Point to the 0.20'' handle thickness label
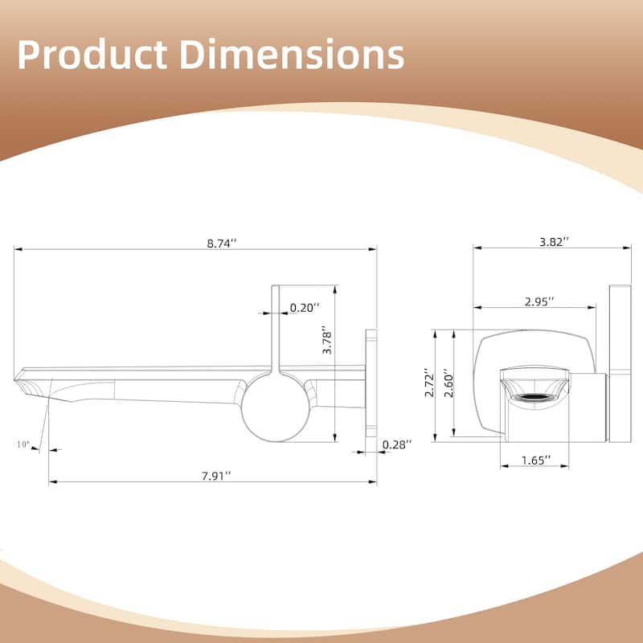pos(305,307)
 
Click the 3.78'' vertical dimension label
pos(326,342)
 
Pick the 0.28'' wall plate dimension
pos(397,444)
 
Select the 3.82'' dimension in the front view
pos(553,240)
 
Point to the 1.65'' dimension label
pos(535,460)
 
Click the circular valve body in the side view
pos(275,406)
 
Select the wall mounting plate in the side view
pos(371,383)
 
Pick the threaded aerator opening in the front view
pos(535,395)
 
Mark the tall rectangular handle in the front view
pos(620,362)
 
